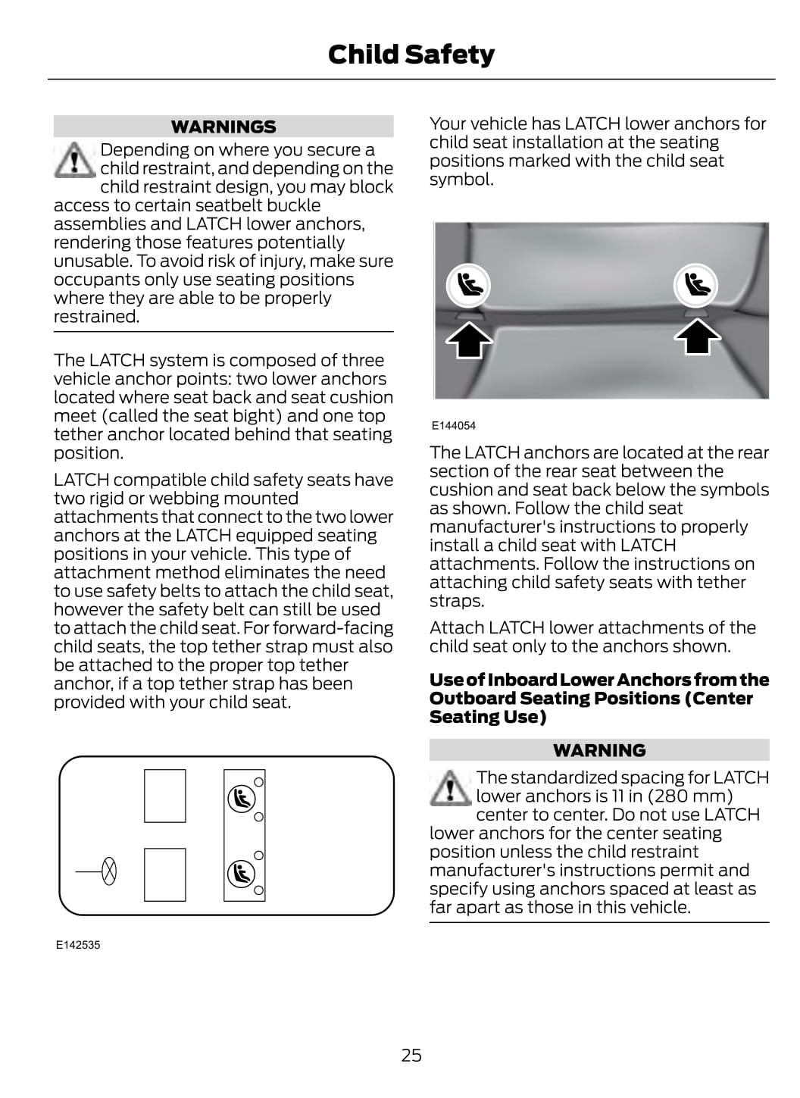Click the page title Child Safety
point(411,55)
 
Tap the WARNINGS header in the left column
point(223,127)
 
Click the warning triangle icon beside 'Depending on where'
point(73,160)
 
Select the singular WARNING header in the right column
point(599,750)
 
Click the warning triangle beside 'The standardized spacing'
point(450,788)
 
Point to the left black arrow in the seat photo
point(469,339)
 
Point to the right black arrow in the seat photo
point(698,337)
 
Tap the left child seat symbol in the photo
point(467,285)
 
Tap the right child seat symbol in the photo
point(695,285)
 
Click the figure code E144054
point(454,426)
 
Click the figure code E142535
point(78,945)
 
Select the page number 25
point(411,1055)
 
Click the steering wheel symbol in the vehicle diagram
point(109,871)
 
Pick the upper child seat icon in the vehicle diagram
point(242,799)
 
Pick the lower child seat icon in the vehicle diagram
point(242,874)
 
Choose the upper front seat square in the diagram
point(165,796)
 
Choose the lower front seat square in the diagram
point(165,874)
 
